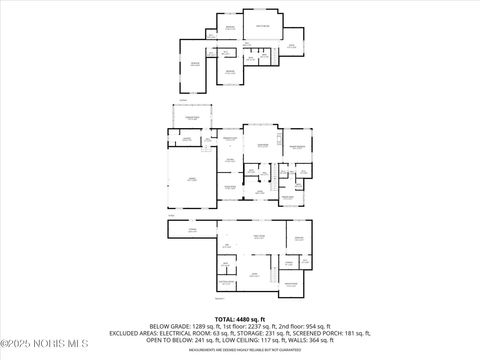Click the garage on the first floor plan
(x=186, y=179)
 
